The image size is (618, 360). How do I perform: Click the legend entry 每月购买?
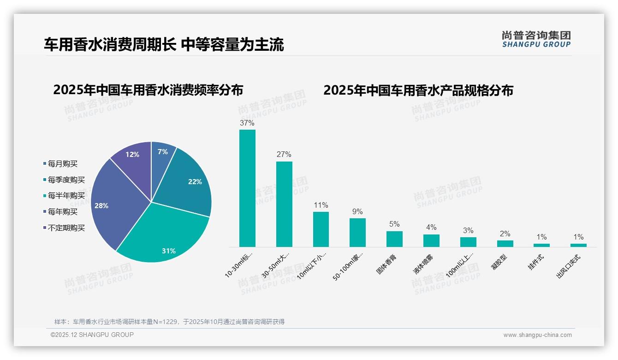pyautogui.click(x=62, y=164)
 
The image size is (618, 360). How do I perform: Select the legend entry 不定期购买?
pyautogui.click(x=66, y=228)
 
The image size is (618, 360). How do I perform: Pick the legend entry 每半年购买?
pyautogui.click(x=66, y=196)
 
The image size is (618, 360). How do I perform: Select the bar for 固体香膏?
pyautogui.click(x=394, y=239)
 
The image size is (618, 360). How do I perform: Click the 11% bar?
pyautogui.click(x=321, y=229)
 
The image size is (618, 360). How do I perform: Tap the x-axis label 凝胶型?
pyautogui.click(x=500, y=262)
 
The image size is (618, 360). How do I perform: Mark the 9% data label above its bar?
pyautogui.click(x=357, y=212)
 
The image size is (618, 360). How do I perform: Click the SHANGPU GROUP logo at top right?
pyautogui.click(x=536, y=39)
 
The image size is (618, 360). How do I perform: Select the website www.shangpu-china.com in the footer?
pyautogui.click(x=537, y=335)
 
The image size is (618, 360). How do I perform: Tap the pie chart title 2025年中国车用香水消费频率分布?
pyautogui.click(x=148, y=90)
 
